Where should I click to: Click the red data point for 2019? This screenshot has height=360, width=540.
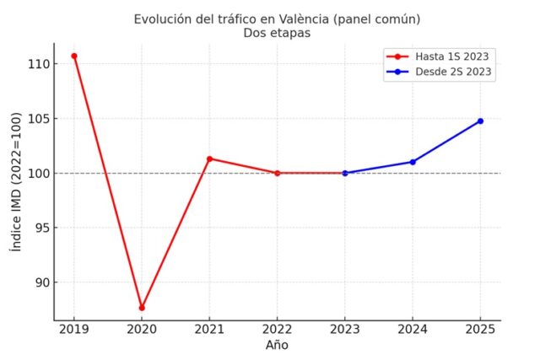[74, 56]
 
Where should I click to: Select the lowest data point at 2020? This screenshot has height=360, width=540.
[142, 308]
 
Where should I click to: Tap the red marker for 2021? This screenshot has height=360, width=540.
[209, 159]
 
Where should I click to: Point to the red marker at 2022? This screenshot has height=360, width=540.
[277, 173]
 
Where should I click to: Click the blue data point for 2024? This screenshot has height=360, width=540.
[413, 162]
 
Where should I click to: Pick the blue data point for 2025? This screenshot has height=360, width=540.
[480, 121]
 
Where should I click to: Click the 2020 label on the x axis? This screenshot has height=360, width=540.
[142, 330]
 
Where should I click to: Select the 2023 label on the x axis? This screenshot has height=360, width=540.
[345, 330]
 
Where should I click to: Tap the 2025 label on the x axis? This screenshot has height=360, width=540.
[480, 330]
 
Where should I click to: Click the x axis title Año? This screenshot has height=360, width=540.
[277, 345]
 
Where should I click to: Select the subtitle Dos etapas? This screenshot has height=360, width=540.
[277, 34]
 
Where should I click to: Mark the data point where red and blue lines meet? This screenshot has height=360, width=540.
[345, 173]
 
